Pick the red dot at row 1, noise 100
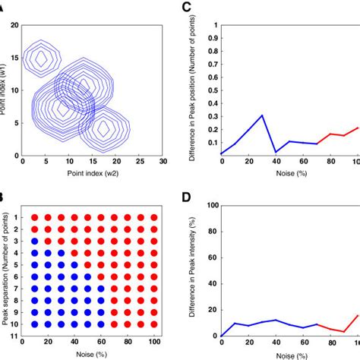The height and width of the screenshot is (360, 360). point(154,218)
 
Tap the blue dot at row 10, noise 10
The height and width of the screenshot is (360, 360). point(34,324)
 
